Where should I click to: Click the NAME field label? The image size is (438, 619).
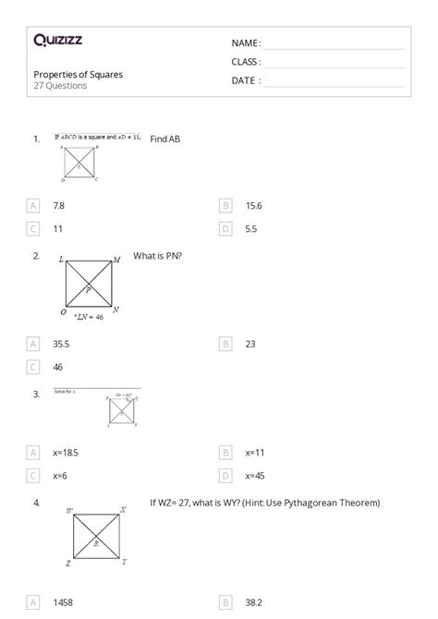click(245, 43)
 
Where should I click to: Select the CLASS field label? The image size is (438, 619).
click(246, 62)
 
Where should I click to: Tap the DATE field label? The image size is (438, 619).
click(245, 80)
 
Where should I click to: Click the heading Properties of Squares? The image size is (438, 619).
click(78, 74)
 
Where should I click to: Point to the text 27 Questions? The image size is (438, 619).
click(60, 86)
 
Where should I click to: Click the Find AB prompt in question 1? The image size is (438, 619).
click(164, 139)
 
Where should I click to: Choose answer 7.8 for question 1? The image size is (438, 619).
click(59, 205)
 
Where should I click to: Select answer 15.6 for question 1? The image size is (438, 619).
click(253, 205)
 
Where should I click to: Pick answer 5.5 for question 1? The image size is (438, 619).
click(251, 228)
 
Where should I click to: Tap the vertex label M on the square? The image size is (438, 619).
click(116, 261)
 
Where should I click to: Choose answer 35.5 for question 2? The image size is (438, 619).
click(62, 344)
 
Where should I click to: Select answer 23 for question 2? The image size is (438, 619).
click(250, 344)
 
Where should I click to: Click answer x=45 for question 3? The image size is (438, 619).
click(255, 476)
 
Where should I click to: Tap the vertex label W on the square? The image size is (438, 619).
click(70, 510)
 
